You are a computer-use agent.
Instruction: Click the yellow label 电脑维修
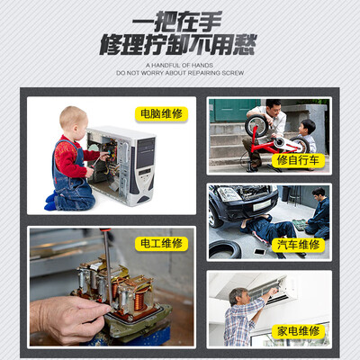(161, 114)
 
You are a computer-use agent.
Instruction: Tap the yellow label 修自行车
(298, 160)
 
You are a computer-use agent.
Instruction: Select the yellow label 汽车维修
(298, 245)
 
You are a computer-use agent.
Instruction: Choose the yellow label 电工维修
(161, 243)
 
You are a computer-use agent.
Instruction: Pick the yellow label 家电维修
(298, 331)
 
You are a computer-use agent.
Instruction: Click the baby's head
(73, 121)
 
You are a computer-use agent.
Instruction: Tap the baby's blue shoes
(50, 202)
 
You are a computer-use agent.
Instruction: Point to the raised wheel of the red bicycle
(256, 126)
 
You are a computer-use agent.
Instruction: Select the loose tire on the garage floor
(225, 249)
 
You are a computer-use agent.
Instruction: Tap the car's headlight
(229, 193)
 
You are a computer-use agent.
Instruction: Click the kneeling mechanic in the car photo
(319, 213)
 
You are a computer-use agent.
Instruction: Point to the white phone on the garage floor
(260, 252)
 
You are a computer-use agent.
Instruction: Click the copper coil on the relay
(139, 301)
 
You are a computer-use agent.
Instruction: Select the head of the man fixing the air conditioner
(239, 297)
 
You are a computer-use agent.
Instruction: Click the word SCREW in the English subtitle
(233, 73)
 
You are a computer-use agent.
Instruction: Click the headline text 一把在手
(176, 22)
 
